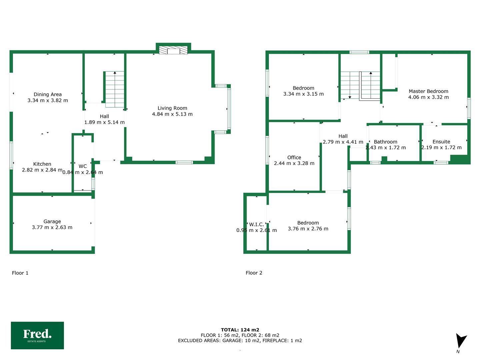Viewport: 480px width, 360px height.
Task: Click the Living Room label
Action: tap(172, 108)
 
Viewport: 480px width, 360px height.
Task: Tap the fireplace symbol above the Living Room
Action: tap(173, 50)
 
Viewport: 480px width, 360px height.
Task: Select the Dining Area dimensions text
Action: tap(48, 100)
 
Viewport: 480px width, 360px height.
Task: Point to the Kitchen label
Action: tap(42, 164)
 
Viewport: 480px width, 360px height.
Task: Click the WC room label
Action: tap(83, 166)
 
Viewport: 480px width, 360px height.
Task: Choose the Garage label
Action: tap(52, 221)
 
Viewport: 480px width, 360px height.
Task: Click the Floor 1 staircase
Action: tap(114, 89)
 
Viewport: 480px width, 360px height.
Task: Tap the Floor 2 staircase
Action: tap(360, 86)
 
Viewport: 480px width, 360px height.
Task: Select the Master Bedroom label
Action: tap(428, 91)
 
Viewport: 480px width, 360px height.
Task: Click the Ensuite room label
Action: tap(441, 141)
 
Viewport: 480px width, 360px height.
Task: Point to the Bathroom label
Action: tap(386, 142)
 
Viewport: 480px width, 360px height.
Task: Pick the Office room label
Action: tap(294, 157)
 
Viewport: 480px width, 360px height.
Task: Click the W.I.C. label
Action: tap(257, 224)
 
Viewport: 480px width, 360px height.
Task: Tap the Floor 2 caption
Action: tap(254, 273)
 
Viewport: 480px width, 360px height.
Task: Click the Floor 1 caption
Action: tap(20, 273)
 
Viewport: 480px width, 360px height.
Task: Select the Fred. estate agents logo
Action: tap(37, 335)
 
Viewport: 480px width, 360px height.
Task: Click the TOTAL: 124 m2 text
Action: tap(240, 330)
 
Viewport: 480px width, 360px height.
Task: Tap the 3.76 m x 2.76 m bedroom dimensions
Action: tap(308, 229)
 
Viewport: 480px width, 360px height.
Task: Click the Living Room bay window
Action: tap(229, 109)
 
